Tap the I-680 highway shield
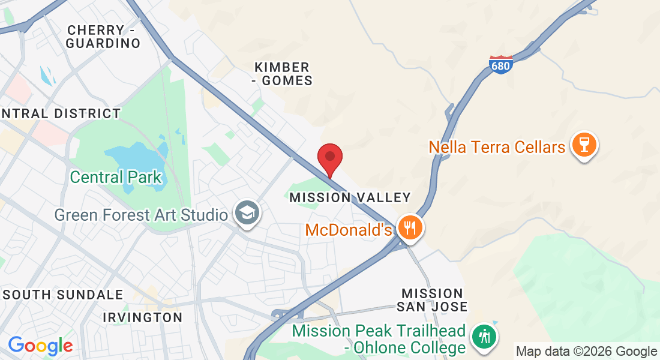click(500, 64)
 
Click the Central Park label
click(116, 177)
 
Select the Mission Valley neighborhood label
click(350, 197)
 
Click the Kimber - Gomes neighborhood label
click(283, 74)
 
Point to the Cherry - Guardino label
click(103, 37)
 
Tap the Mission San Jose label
click(433, 300)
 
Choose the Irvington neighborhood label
click(142, 317)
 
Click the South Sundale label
click(63, 295)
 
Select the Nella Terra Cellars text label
click(497, 146)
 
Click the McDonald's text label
click(349, 229)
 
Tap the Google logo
click(40, 346)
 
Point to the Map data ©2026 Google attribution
click(587, 352)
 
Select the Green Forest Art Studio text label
click(141, 214)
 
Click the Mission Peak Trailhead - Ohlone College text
click(379, 339)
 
